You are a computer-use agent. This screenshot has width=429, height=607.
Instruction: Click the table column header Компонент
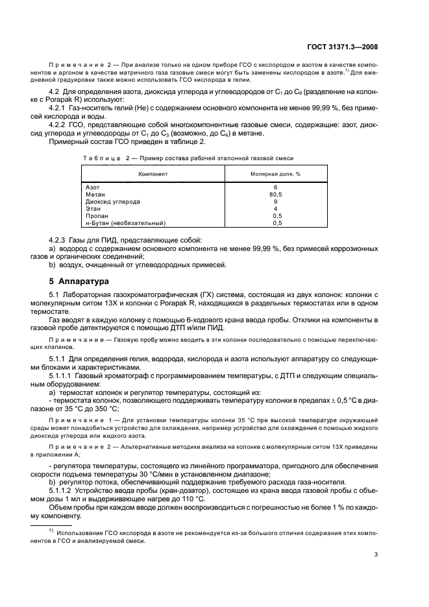point(153,174)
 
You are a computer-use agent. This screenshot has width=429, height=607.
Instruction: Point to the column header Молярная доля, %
point(276,174)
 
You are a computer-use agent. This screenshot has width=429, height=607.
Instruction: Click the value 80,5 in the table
point(276,194)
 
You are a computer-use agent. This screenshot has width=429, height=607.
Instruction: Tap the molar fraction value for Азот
point(276,187)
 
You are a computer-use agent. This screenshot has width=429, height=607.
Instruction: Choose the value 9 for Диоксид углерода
point(276,201)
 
